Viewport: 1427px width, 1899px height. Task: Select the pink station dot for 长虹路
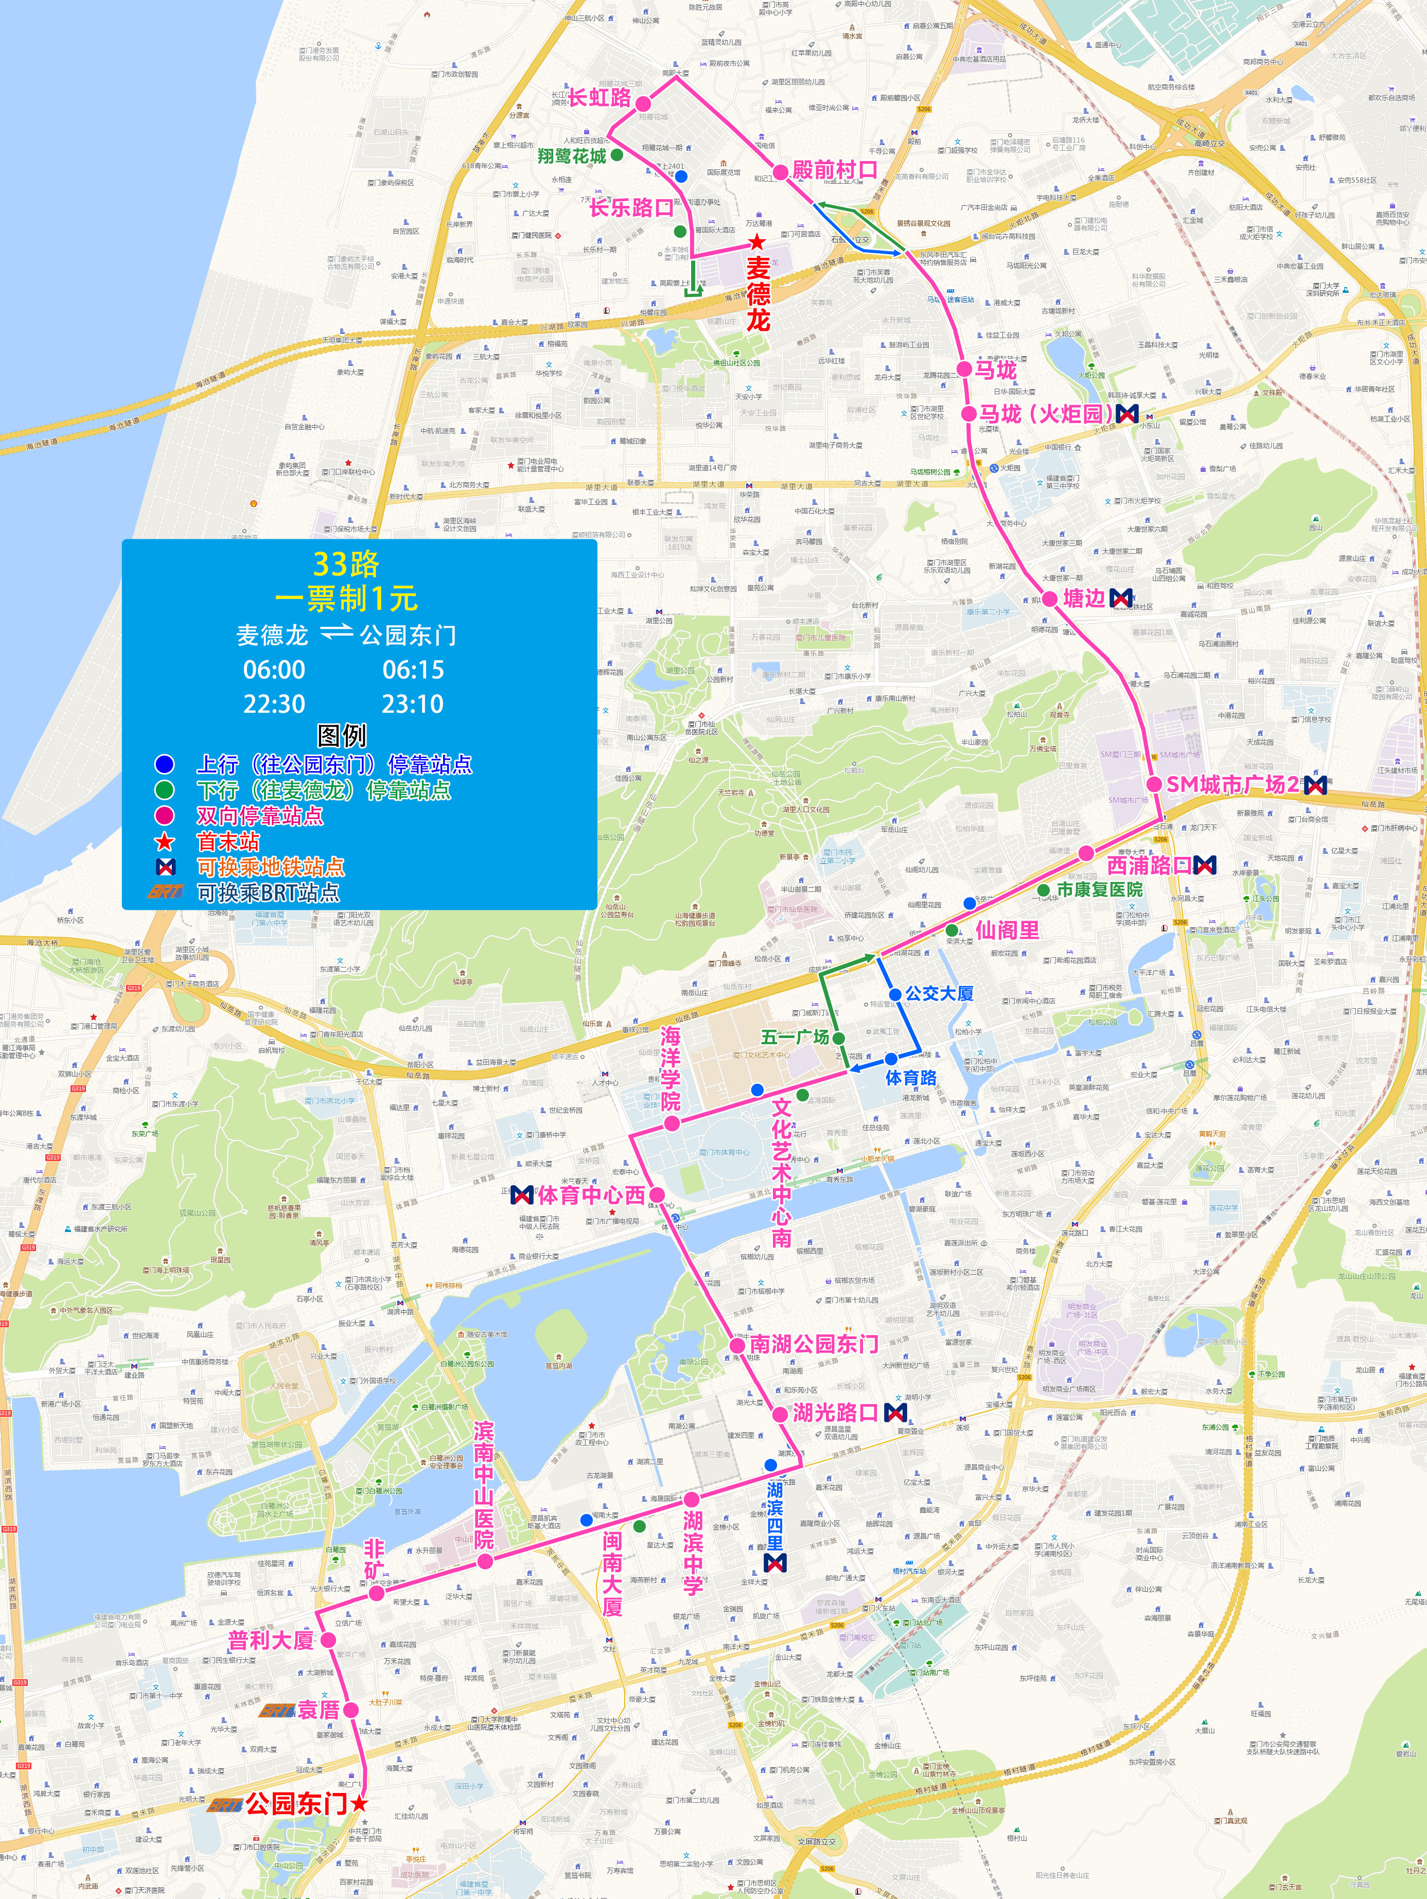tap(643, 103)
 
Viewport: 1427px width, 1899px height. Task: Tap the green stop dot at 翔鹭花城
tap(616, 154)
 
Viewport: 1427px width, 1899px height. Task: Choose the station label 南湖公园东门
tap(814, 1344)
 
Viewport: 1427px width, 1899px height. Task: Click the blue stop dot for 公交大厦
tap(895, 994)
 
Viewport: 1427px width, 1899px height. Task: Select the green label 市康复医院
tap(1099, 889)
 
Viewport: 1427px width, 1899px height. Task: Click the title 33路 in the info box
tap(345, 564)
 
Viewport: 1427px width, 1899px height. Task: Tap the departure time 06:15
tap(413, 670)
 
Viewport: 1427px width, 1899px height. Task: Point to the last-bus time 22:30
tap(274, 704)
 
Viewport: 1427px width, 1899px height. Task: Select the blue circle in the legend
tap(164, 764)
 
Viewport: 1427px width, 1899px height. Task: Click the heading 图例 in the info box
tap(342, 736)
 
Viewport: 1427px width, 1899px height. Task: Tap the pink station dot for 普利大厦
tap(328, 1640)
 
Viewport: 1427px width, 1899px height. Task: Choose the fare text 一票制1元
tap(345, 599)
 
